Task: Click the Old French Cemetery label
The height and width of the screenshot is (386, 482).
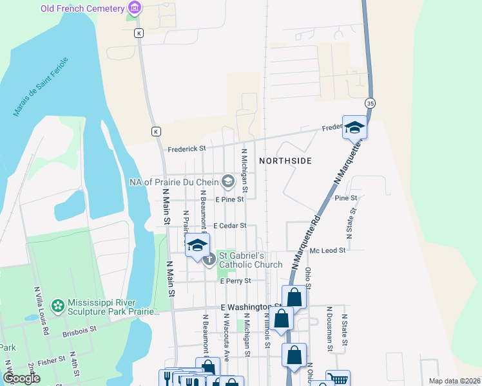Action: point(82,8)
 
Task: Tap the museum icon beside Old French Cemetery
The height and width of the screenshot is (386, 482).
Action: point(135,8)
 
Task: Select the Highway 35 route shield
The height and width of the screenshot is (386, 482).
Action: point(370,103)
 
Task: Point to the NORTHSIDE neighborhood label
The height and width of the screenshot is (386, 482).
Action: point(285,160)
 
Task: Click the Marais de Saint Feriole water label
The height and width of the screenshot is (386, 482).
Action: point(41,87)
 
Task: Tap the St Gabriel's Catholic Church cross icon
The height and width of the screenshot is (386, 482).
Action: point(209,261)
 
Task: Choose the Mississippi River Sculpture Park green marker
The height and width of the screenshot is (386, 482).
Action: point(59,304)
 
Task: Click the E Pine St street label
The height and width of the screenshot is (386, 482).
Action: point(229,200)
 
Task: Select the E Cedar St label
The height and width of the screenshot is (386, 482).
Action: point(231,226)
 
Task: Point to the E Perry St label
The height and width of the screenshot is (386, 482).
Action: point(235,281)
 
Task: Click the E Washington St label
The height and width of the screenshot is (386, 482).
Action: point(251,308)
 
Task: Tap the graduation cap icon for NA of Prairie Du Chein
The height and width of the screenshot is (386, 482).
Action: point(227,182)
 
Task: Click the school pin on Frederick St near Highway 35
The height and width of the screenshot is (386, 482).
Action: point(354,126)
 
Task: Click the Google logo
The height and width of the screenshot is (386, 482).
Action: point(21,378)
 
